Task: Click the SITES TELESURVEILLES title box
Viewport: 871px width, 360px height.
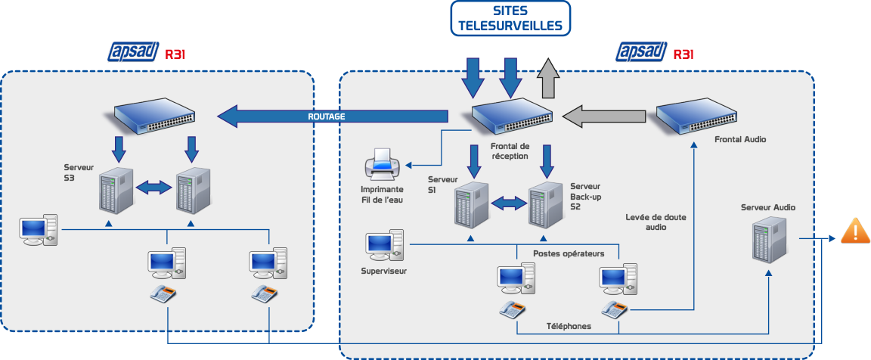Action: pyautogui.click(x=510, y=19)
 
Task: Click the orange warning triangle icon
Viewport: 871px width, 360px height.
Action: pyautogui.click(x=855, y=230)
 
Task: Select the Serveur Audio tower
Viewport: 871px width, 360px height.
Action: pyautogui.click(x=767, y=238)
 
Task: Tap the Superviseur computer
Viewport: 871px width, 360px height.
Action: pyautogui.click(x=384, y=245)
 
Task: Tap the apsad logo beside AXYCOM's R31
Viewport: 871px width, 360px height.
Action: pyautogui.click(x=640, y=52)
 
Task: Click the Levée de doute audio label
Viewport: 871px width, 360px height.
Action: pyautogui.click(x=656, y=222)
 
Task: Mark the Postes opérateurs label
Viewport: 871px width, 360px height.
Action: pyautogui.click(x=568, y=253)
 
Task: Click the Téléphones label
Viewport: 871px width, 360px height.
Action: pyautogui.click(x=568, y=327)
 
